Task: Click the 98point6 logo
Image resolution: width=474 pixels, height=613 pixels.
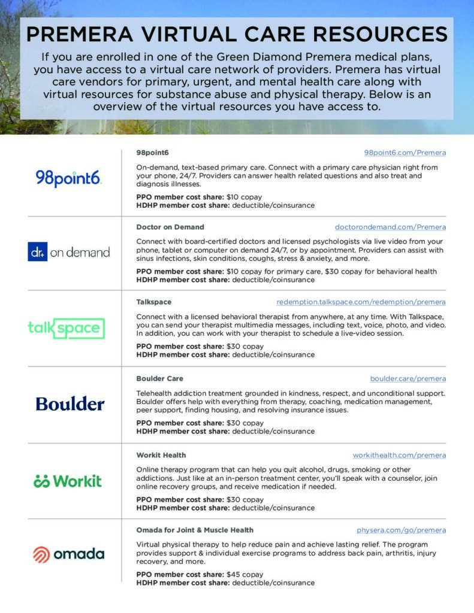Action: click(69, 178)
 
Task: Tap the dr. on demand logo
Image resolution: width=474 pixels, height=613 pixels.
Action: click(69, 252)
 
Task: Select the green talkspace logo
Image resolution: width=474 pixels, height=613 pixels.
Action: click(66, 327)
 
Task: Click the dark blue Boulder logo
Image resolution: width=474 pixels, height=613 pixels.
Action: click(70, 404)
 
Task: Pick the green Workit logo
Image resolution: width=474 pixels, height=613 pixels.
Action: click(68, 481)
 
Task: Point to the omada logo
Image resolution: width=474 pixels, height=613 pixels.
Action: click(68, 554)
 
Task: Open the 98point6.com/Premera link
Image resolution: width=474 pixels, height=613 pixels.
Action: click(404, 153)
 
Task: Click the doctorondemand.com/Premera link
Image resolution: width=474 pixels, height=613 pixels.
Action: click(390, 227)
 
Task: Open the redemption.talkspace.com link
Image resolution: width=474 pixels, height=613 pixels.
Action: click(361, 302)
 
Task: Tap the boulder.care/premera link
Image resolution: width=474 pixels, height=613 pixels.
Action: click(407, 379)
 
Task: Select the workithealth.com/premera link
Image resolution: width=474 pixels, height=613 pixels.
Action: click(399, 456)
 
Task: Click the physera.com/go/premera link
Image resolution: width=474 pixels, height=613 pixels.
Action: click(401, 530)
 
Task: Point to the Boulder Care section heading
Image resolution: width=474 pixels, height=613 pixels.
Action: click(160, 379)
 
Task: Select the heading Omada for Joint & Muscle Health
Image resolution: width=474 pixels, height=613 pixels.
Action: click(195, 530)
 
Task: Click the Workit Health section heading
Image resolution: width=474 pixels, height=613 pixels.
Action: click(161, 456)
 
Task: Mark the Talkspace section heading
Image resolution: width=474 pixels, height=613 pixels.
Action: click(154, 302)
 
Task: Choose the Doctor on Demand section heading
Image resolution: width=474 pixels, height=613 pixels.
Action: click(170, 227)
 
